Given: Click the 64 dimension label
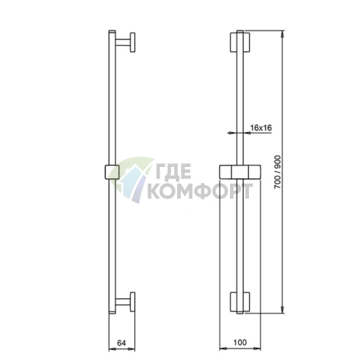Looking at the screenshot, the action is click(x=121, y=343).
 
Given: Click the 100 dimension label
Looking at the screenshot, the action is click(x=240, y=343).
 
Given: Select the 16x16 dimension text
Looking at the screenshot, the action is click(x=261, y=128).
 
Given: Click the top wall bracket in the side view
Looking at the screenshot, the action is click(x=126, y=42).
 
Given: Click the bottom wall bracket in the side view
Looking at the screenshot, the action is click(x=126, y=302).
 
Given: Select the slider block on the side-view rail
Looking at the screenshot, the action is click(x=112, y=172).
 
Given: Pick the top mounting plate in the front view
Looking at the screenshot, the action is click(x=240, y=42).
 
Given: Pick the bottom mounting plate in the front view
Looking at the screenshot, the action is click(x=240, y=302).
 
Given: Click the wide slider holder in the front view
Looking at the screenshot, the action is click(x=240, y=172).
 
